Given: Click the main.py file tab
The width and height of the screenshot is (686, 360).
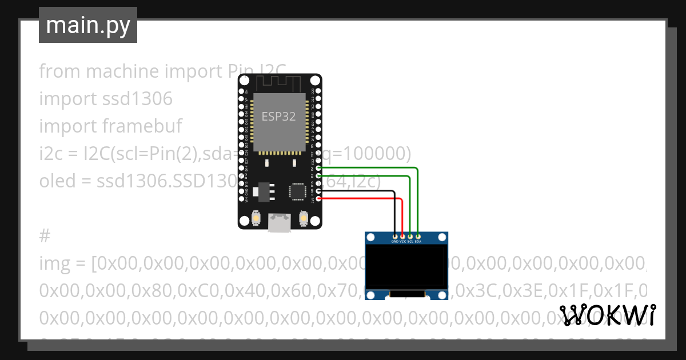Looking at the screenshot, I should pos(88,25).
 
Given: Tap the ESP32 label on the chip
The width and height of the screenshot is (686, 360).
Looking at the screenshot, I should pos(278,117).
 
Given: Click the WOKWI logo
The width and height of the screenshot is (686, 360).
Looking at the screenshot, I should pos(608,315).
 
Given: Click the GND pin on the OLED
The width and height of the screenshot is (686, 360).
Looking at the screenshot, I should pos(395,236).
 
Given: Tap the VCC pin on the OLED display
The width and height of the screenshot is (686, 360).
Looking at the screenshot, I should pos(402,236).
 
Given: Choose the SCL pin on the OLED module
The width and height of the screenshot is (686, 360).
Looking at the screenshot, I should pos(410,236).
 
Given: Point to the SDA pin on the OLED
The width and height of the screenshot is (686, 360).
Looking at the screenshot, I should pos(418,236).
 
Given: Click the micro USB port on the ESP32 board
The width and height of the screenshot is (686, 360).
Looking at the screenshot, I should pos(280,223).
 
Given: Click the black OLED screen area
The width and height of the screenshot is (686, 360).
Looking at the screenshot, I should pos(406,267).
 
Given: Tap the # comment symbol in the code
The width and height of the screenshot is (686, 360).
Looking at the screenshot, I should pos(45,236).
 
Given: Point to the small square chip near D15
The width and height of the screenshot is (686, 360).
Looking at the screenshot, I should pos(298,191).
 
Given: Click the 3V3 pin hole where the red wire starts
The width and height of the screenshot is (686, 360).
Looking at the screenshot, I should pos(318,198).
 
